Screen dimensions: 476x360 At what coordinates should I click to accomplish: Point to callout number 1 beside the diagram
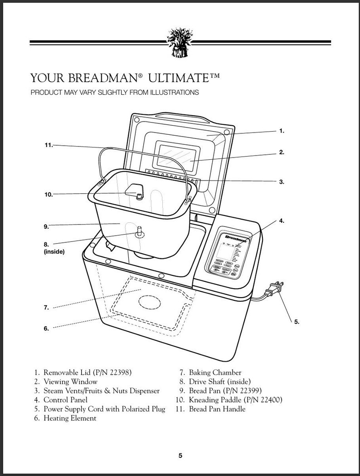(x=282, y=131)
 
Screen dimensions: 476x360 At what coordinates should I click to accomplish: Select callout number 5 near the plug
(x=297, y=322)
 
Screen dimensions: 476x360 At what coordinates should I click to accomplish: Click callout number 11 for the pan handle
(x=49, y=145)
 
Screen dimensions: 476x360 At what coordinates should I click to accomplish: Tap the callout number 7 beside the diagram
(x=46, y=307)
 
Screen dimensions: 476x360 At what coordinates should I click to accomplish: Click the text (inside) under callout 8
(x=54, y=252)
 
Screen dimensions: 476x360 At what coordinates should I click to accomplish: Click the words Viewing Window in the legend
(x=70, y=382)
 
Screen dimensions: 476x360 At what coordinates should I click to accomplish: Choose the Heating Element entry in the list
(x=70, y=418)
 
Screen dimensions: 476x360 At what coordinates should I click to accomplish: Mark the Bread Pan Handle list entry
(x=217, y=409)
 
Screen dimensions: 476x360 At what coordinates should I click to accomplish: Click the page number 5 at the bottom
(x=180, y=456)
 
